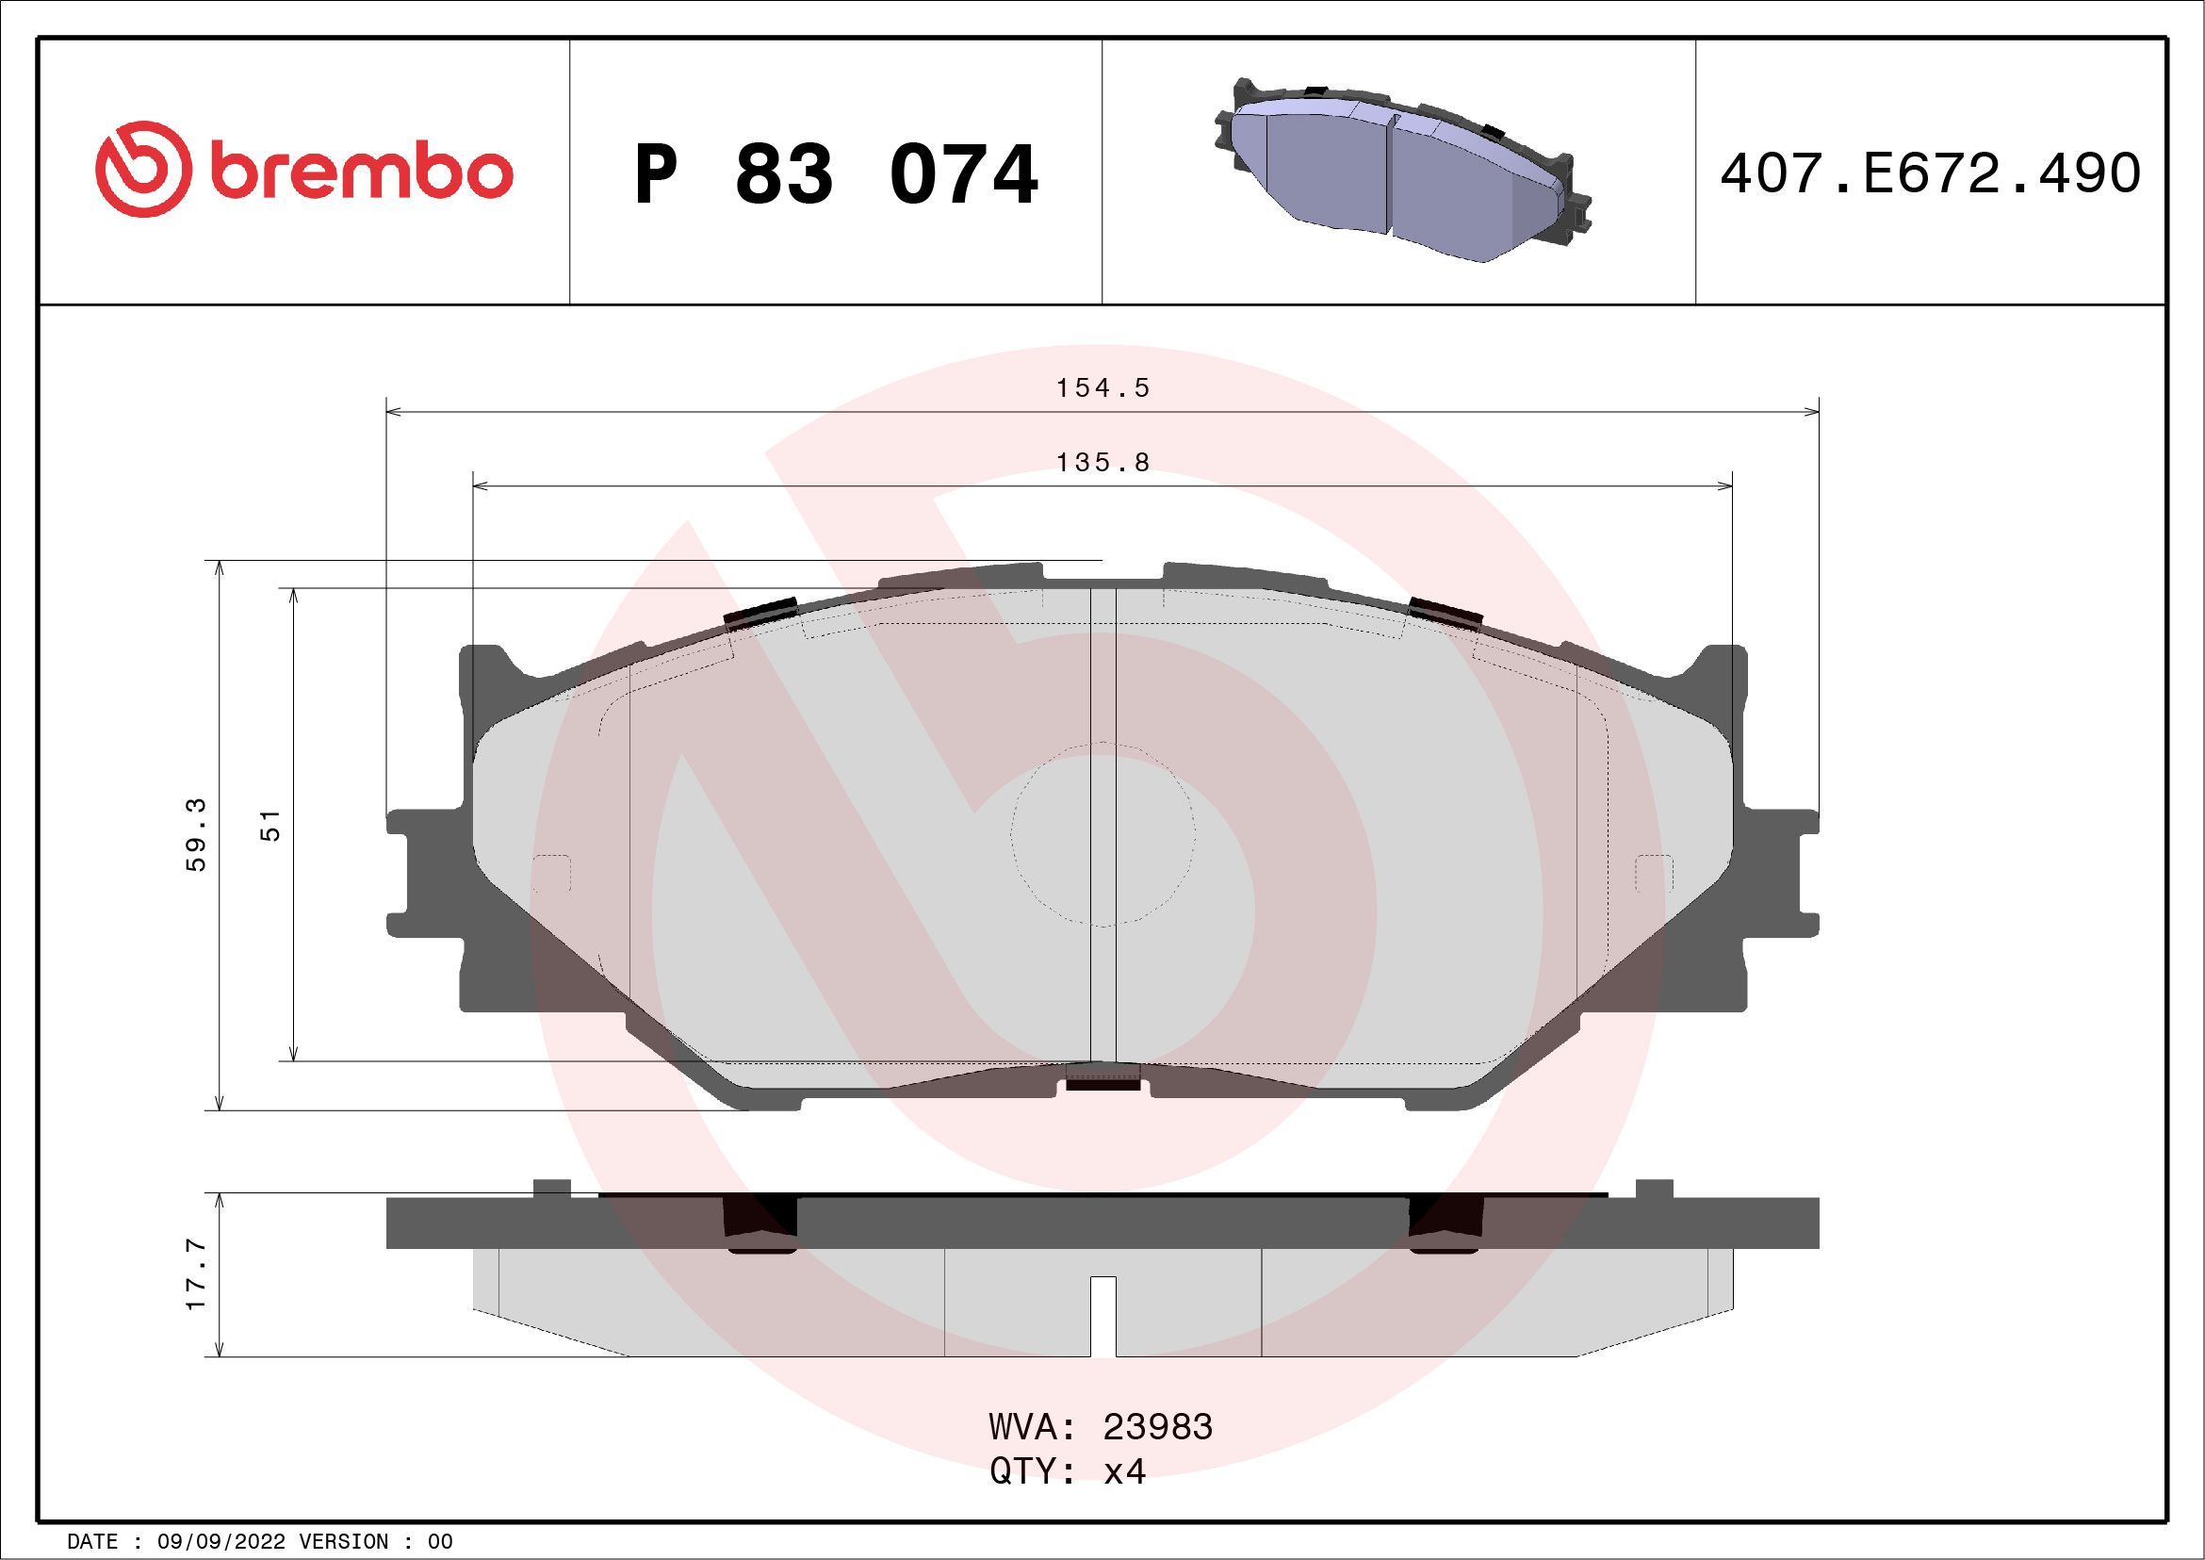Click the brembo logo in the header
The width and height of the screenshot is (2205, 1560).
[x=303, y=170]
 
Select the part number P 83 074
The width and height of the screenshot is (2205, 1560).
[x=836, y=174]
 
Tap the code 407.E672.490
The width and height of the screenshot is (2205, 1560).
[x=1931, y=173]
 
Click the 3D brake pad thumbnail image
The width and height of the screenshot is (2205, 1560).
[x=1399, y=170]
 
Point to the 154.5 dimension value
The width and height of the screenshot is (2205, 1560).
[x=1102, y=388]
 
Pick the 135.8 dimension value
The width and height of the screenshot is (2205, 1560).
[x=1102, y=463]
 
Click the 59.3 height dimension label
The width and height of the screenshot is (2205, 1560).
[x=197, y=835]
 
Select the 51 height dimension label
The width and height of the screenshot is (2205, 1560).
[x=271, y=825]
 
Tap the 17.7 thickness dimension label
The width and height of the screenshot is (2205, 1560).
[x=197, y=1274]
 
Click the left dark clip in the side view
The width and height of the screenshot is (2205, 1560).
[x=759, y=1224]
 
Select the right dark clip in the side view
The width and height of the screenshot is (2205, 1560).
[x=1446, y=1224]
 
